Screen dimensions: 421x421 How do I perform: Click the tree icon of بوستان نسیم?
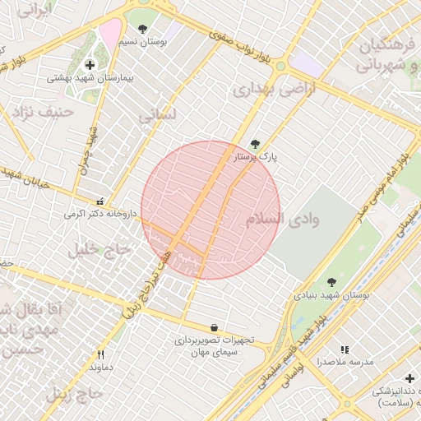coord(143,29)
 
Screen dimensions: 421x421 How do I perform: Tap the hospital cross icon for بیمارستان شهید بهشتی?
coord(90,64)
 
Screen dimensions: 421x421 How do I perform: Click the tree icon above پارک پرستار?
coord(255,143)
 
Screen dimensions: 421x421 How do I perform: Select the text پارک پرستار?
coord(257,155)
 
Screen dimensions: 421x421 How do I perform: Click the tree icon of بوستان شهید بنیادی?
coord(331,282)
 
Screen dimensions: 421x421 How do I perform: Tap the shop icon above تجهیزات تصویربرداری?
coord(215,327)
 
